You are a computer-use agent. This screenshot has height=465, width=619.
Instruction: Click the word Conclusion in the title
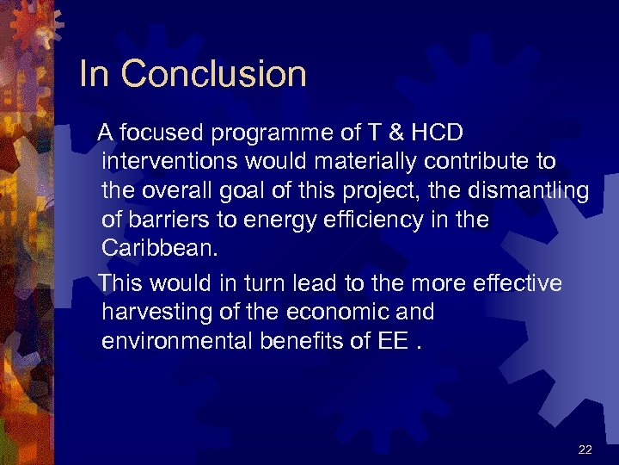coord(214,74)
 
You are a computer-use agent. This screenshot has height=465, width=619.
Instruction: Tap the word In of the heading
coord(94,74)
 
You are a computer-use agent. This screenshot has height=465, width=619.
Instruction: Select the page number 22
coord(585,449)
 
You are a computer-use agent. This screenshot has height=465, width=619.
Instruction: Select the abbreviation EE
coord(387,341)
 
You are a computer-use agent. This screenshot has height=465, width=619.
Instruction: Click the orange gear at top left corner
coord(34,26)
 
